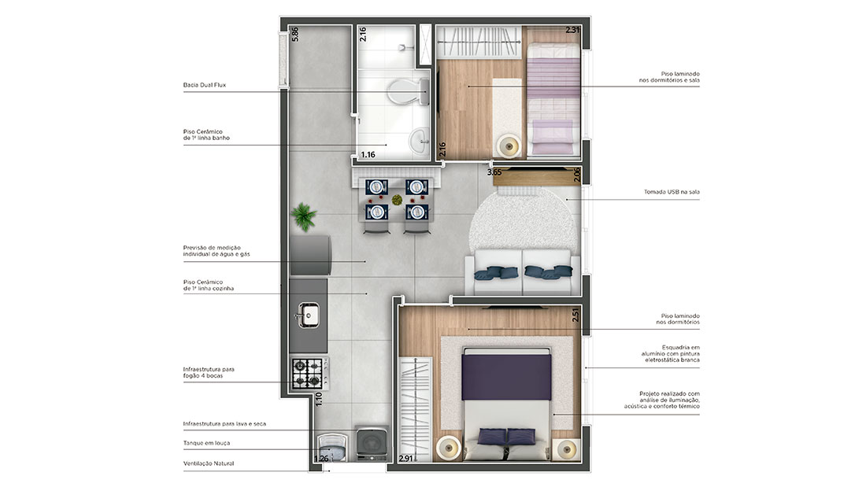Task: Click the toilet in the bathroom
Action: click(408, 92)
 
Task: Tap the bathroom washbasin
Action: click(419, 140)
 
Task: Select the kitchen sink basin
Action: click(308, 315)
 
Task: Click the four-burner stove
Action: click(308, 373)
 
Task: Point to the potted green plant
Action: click(304, 216)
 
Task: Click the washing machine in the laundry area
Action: click(372, 444)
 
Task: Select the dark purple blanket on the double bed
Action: click(506, 377)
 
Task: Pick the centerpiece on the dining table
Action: click(397, 199)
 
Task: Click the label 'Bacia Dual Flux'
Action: click(205, 85)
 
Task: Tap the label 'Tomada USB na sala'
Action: click(672, 192)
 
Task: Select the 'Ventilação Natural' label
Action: click(209, 463)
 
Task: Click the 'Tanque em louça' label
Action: click(206, 443)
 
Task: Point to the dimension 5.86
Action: click(295, 35)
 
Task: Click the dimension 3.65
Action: click(494, 172)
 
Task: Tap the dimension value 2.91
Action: click(405, 459)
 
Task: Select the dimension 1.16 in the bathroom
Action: click(368, 155)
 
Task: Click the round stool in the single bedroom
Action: click(509, 146)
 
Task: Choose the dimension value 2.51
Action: click(575, 315)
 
